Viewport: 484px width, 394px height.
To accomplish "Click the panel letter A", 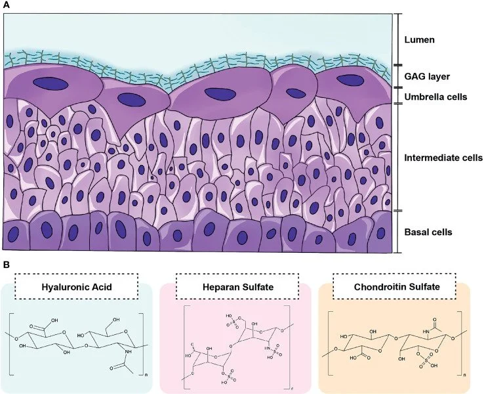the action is [x=6, y=5].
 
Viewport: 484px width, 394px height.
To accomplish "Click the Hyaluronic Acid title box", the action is [x=80, y=286].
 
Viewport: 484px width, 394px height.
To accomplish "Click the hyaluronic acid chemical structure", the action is [x=77, y=341].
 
